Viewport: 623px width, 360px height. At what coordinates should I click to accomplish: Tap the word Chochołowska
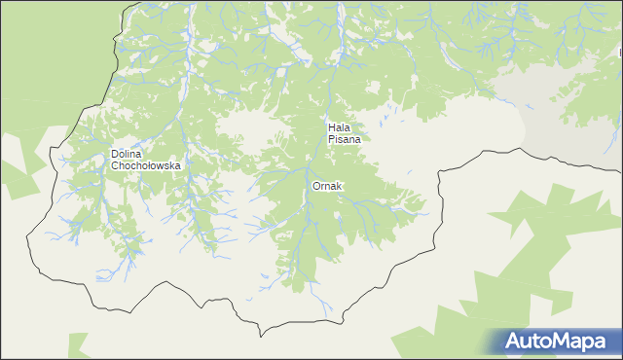(146, 165)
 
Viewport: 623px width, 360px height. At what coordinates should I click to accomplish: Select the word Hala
(340, 127)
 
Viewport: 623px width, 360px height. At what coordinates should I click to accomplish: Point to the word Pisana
(345, 139)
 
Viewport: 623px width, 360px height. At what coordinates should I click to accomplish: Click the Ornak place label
(327, 186)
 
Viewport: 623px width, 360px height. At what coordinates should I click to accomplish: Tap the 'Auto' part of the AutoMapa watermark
(531, 341)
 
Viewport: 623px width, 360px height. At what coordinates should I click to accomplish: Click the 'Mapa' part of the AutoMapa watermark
(583, 341)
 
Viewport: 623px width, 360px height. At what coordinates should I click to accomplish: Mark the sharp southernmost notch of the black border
(261, 336)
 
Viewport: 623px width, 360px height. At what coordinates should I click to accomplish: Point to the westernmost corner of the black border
(27, 234)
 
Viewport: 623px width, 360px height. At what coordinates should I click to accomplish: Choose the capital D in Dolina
(115, 154)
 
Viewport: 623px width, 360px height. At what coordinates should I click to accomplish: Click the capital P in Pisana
(331, 139)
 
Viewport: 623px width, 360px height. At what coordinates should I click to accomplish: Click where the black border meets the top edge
(126, 2)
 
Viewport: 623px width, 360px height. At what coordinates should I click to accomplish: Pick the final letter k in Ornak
(339, 186)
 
